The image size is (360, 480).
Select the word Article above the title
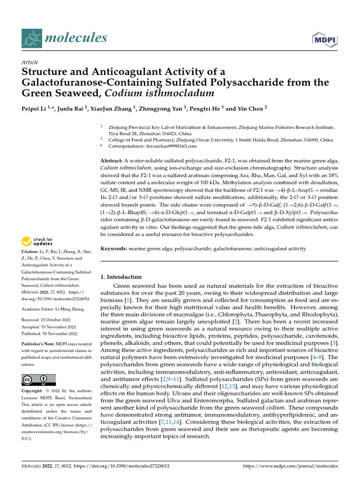pos(30,62)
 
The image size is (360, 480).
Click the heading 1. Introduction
pos(121,277)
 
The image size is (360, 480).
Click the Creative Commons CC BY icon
pos(38,380)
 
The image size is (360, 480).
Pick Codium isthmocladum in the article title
pos(159,93)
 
